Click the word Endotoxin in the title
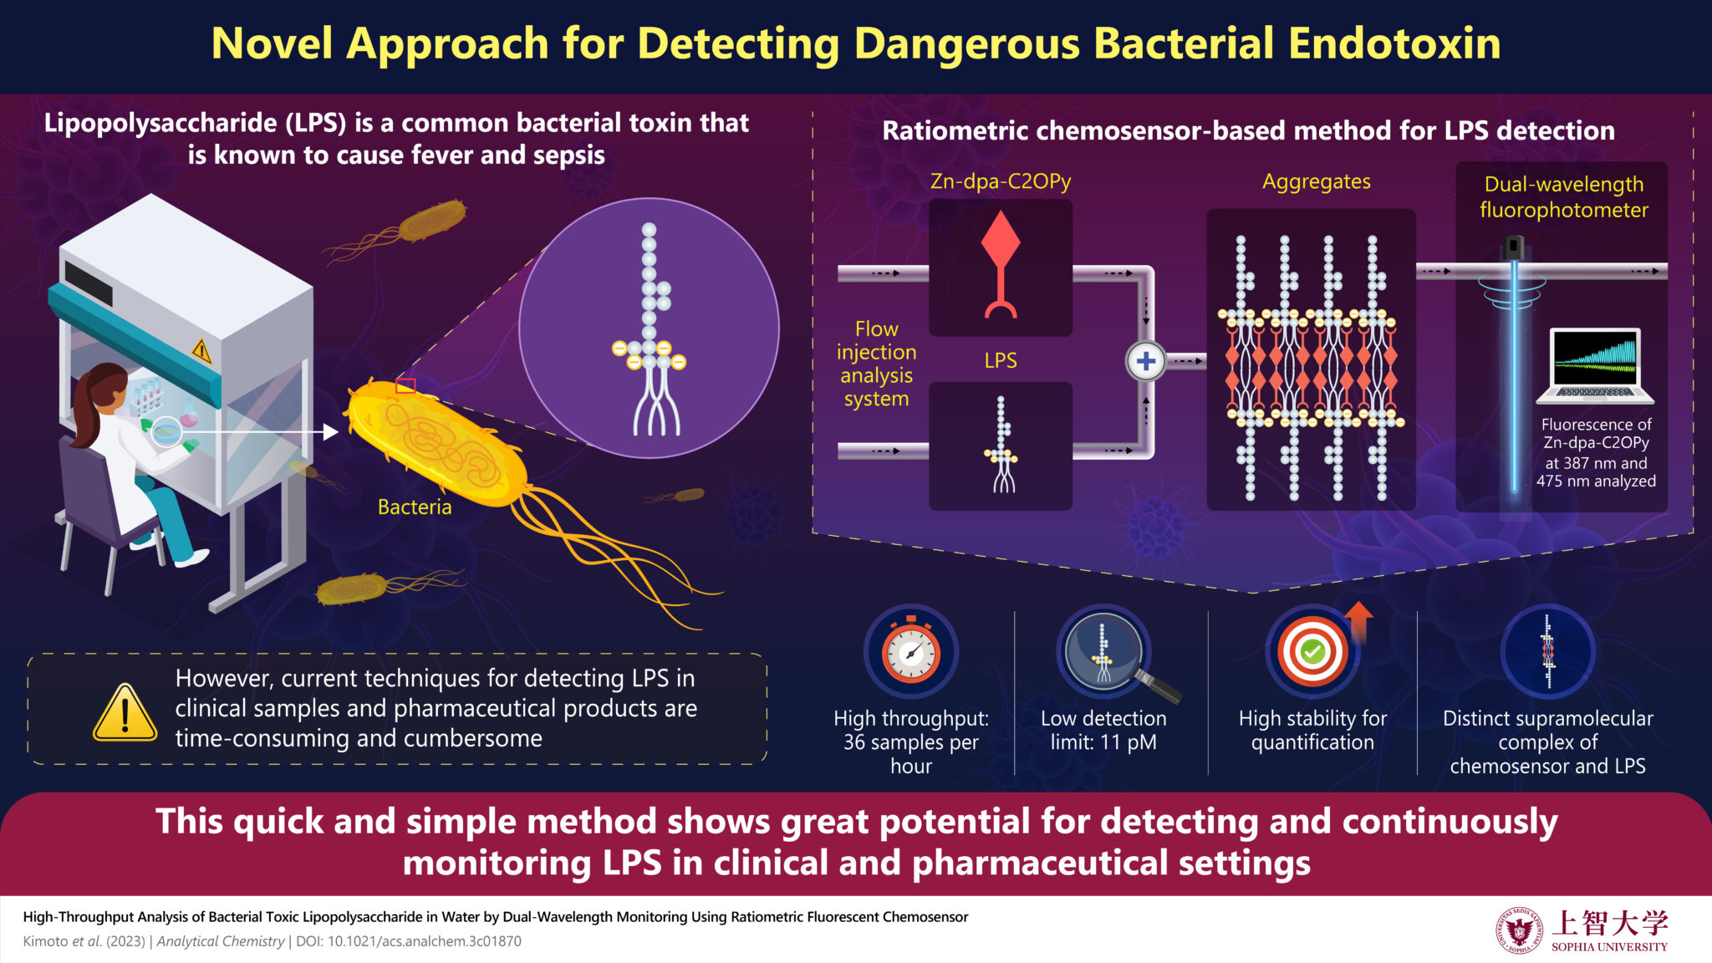(1394, 43)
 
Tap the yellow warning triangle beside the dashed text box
(125, 712)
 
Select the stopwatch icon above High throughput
(911, 650)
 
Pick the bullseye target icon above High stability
(1312, 651)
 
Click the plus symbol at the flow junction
(1146, 361)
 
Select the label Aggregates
(1316, 181)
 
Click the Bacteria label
(415, 507)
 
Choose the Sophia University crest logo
(1519, 930)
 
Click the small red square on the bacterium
(405, 385)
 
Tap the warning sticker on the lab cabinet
(201, 350)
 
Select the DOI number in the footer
(425, 941)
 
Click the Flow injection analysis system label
(876, 364)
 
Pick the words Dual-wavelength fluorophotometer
(1564, 197)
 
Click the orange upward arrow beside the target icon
(1359, 621)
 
